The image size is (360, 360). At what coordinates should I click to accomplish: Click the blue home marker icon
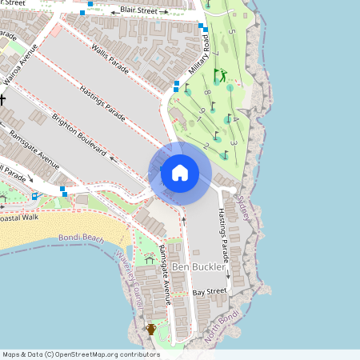point(180,172)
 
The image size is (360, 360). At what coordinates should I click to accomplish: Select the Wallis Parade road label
point(109,56)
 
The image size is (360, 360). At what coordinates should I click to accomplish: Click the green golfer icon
point(220,77)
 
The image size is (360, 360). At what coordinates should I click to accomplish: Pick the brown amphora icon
point(151,329)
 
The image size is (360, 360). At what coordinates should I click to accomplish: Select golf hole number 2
point(206,146)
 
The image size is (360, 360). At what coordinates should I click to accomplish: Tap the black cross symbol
point(2,99)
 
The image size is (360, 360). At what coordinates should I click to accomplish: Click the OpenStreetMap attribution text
point(80,354)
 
